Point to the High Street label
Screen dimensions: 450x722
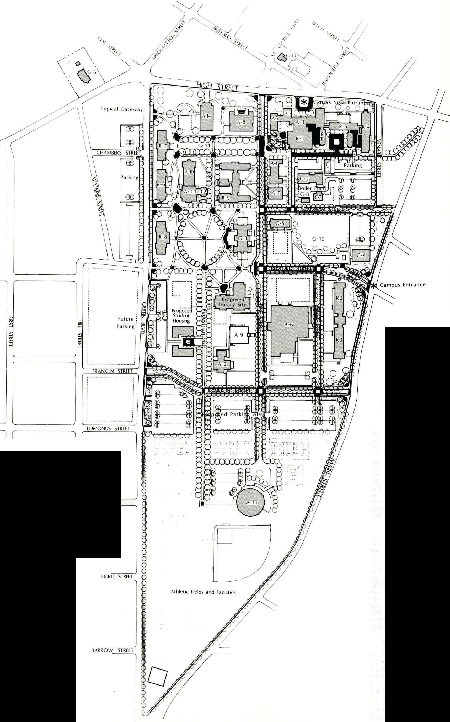[x=217, y=87]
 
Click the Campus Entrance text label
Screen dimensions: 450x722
[x=402, y=285]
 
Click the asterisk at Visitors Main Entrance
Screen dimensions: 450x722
[x=304, y=103]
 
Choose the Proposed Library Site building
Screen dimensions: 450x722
[x=232, y=301]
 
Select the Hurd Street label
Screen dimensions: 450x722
[x=117, y=576]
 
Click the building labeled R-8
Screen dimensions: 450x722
[x=163, y=237]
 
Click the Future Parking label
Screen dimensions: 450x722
[x=125, y=322]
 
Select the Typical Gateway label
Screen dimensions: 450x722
[x=121, y=109]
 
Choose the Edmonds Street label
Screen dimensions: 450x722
[x=108, y=428]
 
